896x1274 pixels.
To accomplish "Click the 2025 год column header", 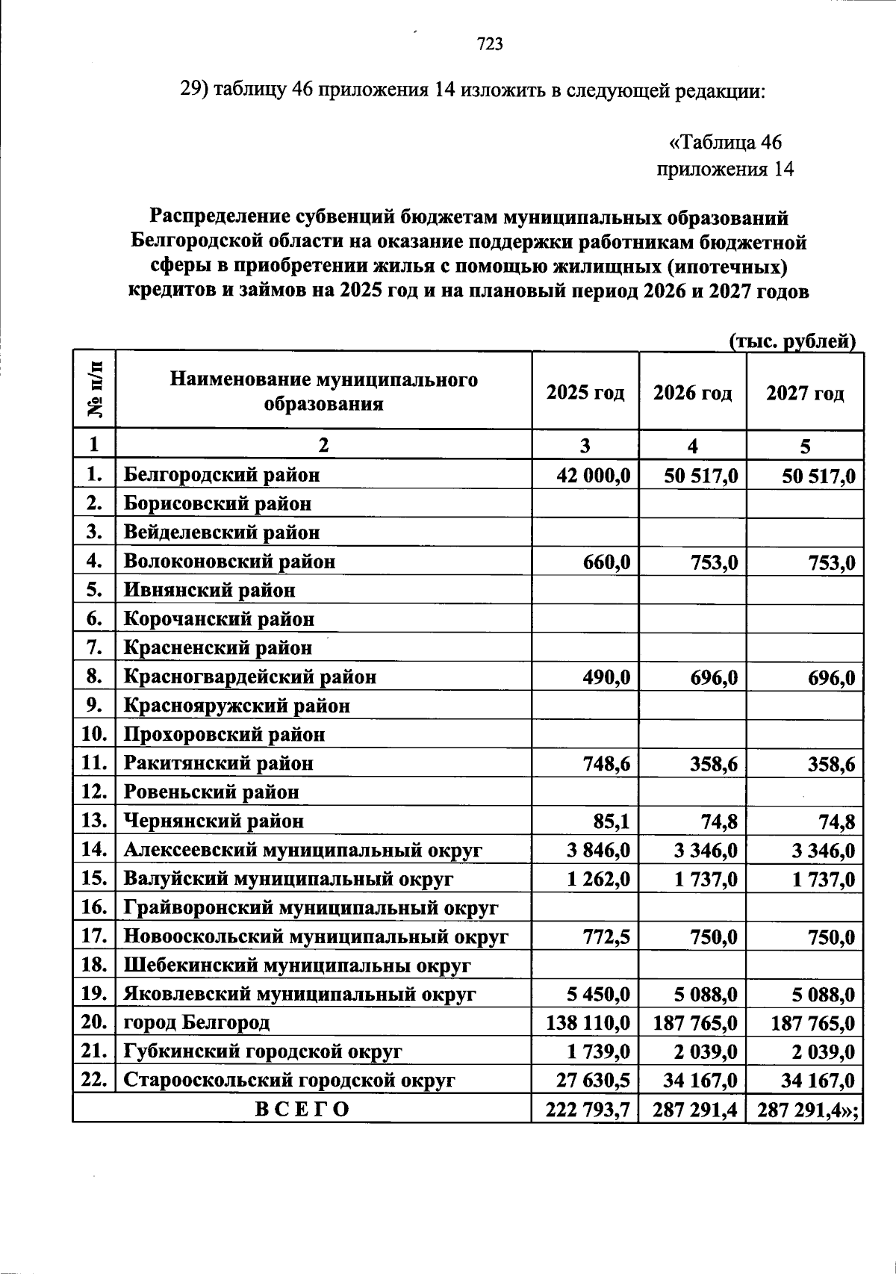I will (x=585, y=393).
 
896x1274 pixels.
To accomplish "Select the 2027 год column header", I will (x=805, y=393).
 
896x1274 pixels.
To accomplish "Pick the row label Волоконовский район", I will (x=229, y=562).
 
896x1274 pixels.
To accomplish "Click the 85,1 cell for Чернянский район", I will (x=612, y=821).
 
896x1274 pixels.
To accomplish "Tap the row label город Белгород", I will (x=196, y=1022).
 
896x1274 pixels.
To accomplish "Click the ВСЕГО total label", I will (x=302, y=1109).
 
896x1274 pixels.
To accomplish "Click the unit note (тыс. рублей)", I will (x=791, y=341).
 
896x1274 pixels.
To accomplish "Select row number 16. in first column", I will (x=95, y=907).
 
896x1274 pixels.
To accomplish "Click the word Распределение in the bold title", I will (x=220, y=217).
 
